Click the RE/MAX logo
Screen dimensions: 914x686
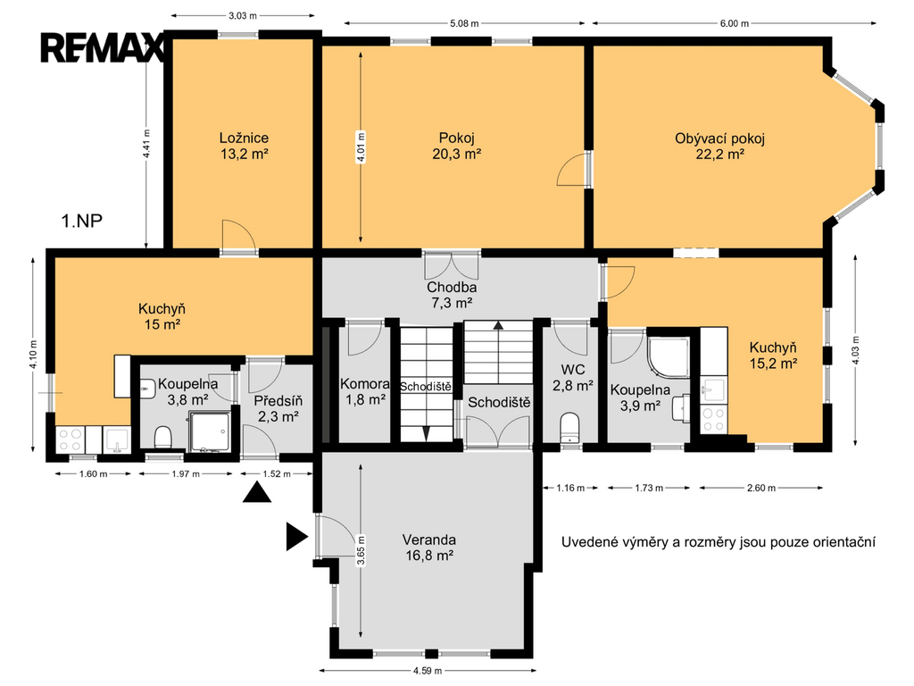[103, 48]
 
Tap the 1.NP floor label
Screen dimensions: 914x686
[82, 222]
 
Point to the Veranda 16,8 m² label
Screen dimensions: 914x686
[429, 548]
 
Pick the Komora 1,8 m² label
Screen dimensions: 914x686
[365, 391]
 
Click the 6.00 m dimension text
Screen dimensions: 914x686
[735, 23]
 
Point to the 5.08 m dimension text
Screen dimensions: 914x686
[464, 23]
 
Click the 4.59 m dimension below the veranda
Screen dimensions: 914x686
[428, 671]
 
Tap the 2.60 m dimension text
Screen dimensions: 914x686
[761, 488]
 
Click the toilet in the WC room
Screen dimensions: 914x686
[569, 428]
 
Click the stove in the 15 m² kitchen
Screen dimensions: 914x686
[71, 439]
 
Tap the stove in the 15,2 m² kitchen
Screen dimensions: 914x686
[713, 420]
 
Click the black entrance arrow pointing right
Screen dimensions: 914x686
[296, 537]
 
